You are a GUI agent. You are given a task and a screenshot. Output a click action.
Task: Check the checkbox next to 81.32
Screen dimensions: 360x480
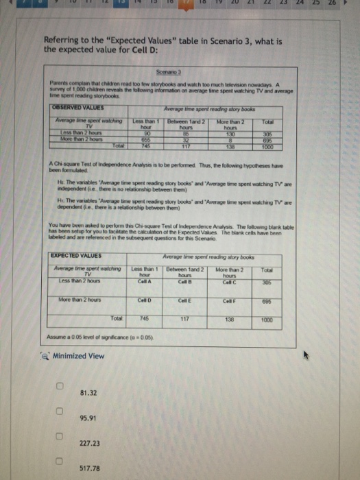[60, 392]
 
